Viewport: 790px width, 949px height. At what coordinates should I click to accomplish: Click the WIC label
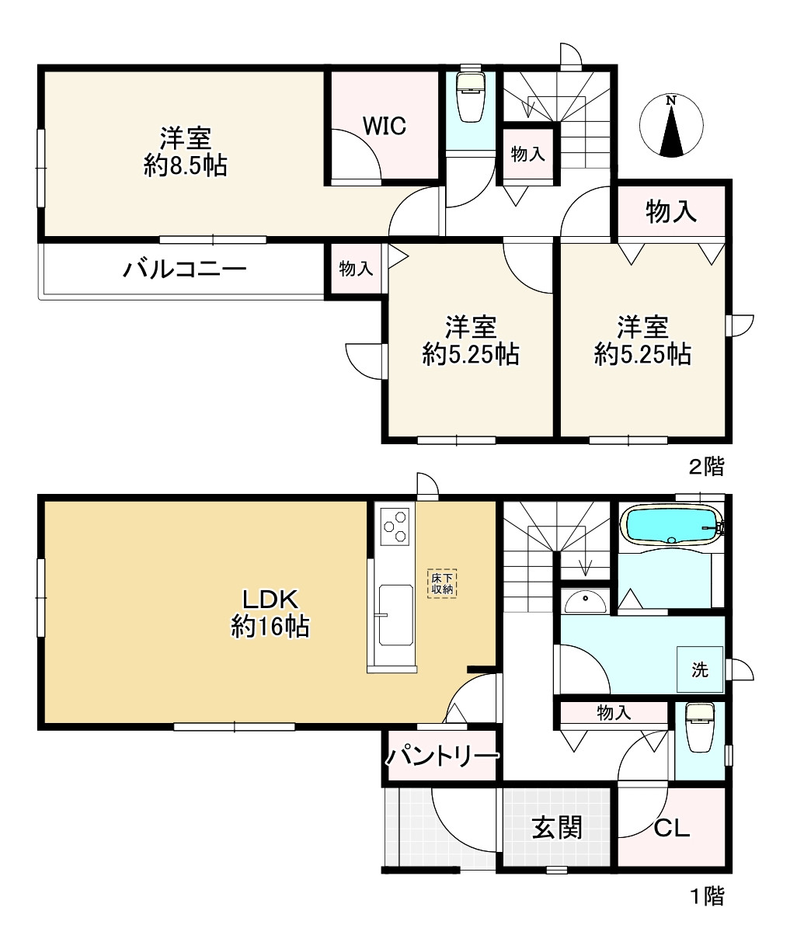click(x=384, y=126)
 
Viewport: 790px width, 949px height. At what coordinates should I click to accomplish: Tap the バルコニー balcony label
click(x=185, y=269)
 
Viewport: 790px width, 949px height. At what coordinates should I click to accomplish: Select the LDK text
click(x=270, y=599)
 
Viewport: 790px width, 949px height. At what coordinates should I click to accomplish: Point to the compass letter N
click(x=670, y=100)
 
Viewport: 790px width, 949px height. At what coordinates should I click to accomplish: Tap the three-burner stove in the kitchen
click(x=395, y=527)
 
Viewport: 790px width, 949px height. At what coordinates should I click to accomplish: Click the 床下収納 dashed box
click(x=442, y=583)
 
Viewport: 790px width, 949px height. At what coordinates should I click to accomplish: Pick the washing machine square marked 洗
click(x=700, y=669)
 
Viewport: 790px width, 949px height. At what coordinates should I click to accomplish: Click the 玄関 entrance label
click(x=557, y=827)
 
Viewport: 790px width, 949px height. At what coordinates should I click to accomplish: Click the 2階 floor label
click(x=707, y=467)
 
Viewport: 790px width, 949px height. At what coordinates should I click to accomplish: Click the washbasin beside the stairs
click(x=586, y=601)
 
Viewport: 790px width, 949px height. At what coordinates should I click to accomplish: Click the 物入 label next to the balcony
click(x=356, y=269)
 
